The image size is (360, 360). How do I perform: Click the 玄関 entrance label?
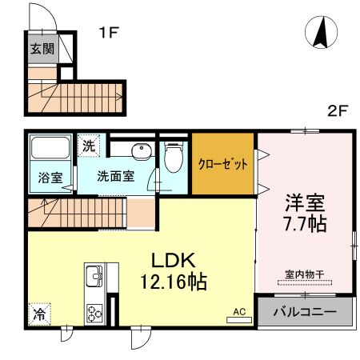tap(42, 49)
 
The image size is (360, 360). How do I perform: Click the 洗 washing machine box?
tap(88, 146)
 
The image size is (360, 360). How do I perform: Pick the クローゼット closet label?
tap(223, 164)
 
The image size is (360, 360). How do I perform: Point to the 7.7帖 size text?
tap(305, 223)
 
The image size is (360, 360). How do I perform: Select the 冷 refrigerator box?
tap(38, 314)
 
